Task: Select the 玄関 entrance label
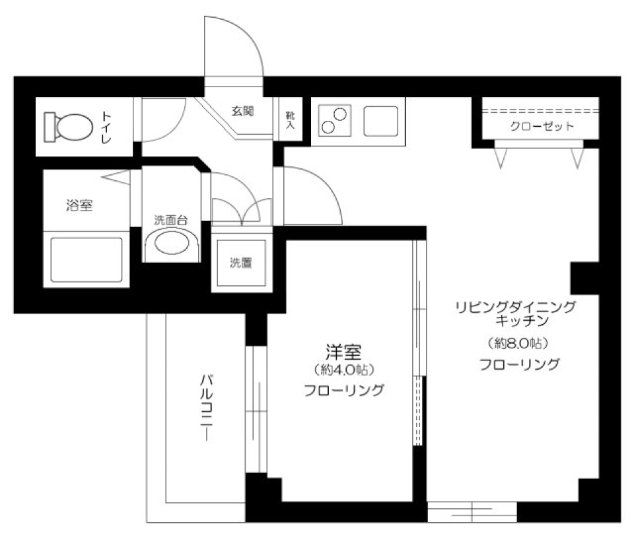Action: (x=242, y=111)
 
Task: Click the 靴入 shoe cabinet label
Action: (x=289, y=120)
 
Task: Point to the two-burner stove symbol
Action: (x=333, y=120)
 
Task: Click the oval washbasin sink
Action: (x=170, y=243)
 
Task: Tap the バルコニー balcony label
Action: (x=207, y=409)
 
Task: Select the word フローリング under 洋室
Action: (x=344, y=390)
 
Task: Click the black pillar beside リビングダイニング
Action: (x=584, y=277)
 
